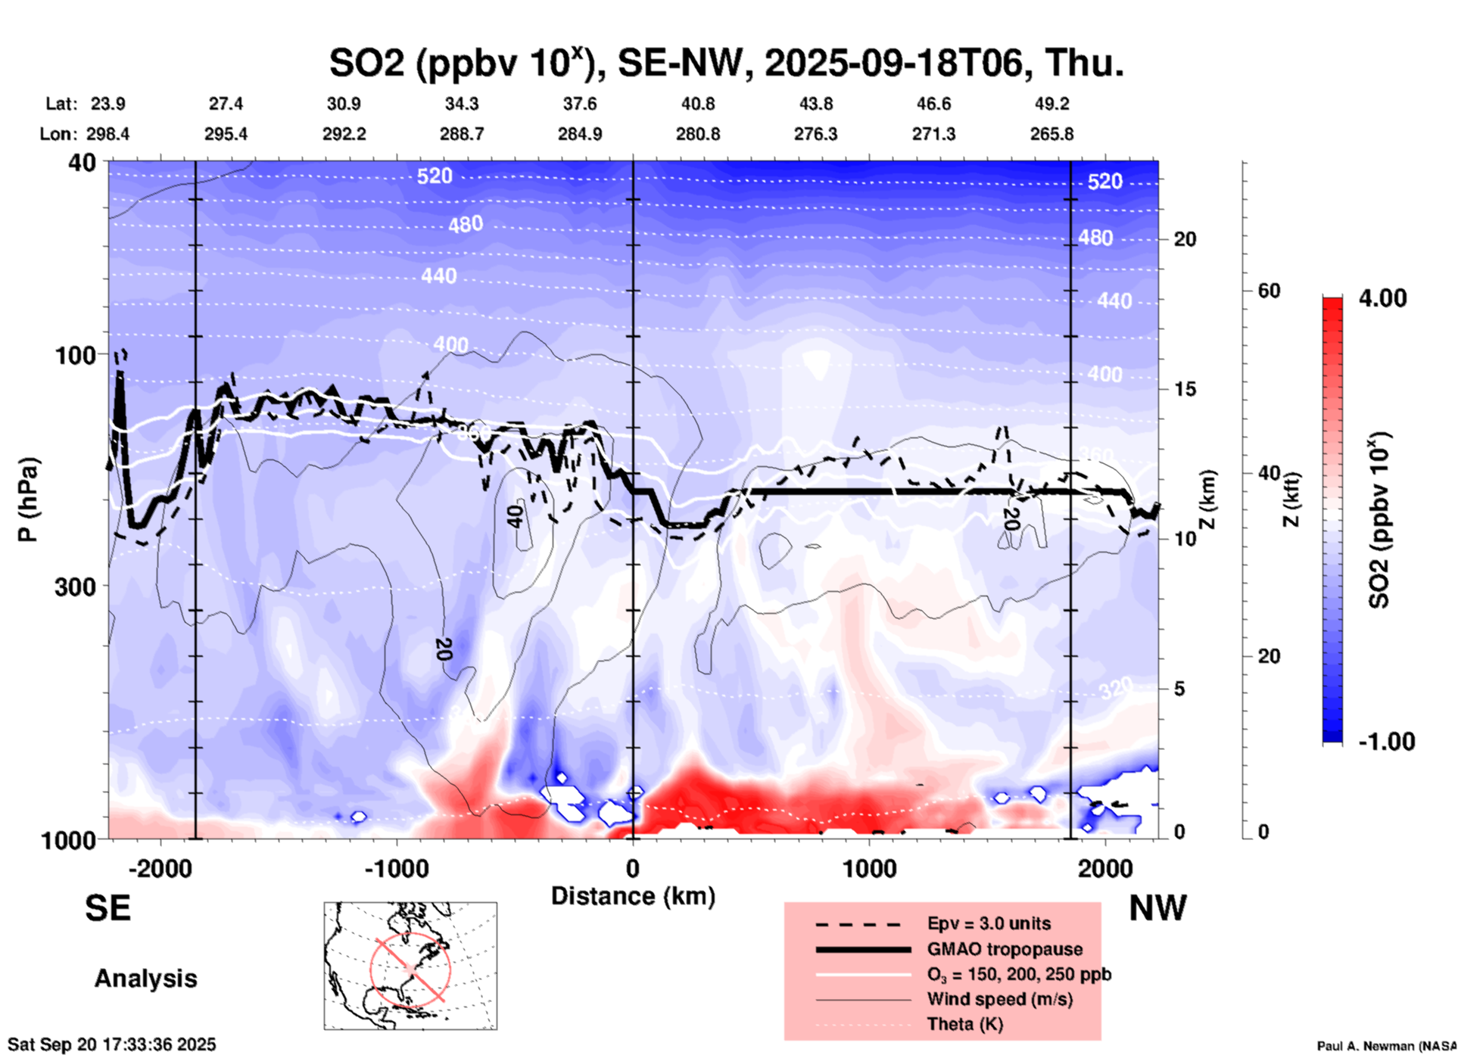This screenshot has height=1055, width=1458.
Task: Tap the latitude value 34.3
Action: [x=461, y=104]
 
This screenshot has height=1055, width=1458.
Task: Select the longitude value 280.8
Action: [x=697, y=135]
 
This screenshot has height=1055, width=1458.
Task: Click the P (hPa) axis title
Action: [x=28, y=499]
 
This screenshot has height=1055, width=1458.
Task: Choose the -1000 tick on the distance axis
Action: [x=396, y=869]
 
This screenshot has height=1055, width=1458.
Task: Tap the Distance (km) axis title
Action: [x=633, y=897]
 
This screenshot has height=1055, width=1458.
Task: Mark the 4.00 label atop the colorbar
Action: [x=1382, y=298]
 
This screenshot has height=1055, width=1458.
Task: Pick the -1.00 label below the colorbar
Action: [x=1386, y=742]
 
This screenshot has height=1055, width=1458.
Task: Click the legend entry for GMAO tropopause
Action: [x=1004, y=949]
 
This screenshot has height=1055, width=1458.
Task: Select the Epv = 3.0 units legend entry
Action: [x=988, y=924]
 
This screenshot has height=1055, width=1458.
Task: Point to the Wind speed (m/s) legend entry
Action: [x=999, y=1000]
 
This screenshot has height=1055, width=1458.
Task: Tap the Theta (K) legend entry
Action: [x=964, y=1025]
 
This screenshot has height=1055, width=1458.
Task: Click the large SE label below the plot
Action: [x=107, y=908]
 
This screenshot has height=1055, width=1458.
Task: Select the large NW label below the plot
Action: [x=1157, y=908]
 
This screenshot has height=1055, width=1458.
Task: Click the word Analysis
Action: [x=145, y=979]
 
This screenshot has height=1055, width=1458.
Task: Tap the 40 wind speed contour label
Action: [x=515, y=517]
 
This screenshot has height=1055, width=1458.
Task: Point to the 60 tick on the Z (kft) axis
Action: [x=1269, y=291]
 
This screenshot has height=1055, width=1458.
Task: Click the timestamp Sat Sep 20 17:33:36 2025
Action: [x=112, y=1044]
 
